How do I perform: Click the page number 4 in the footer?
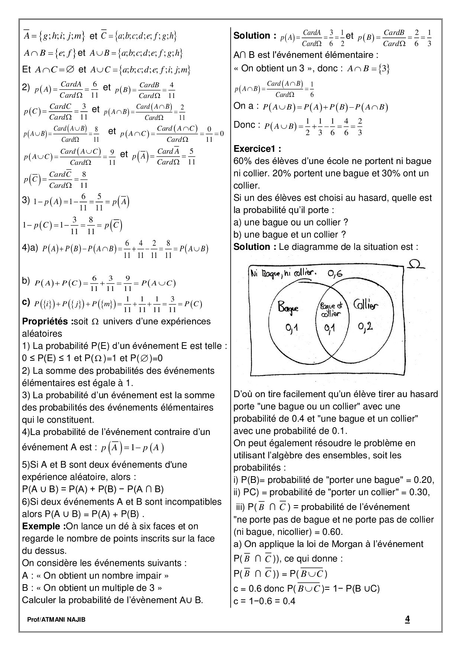(x=407, y=619)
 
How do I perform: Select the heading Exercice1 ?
(x=257, y=149)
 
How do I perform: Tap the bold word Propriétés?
(x=45, y=321)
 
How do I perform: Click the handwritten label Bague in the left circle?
(x=288, y=308)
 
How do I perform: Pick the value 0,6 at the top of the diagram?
(x=335, y=274)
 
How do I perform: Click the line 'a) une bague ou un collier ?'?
(x=291, y=222)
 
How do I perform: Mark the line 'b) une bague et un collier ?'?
(x=290, y=235)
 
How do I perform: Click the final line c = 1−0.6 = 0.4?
(x=264, y=601)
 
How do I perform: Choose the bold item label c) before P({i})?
(x=26, y=302)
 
